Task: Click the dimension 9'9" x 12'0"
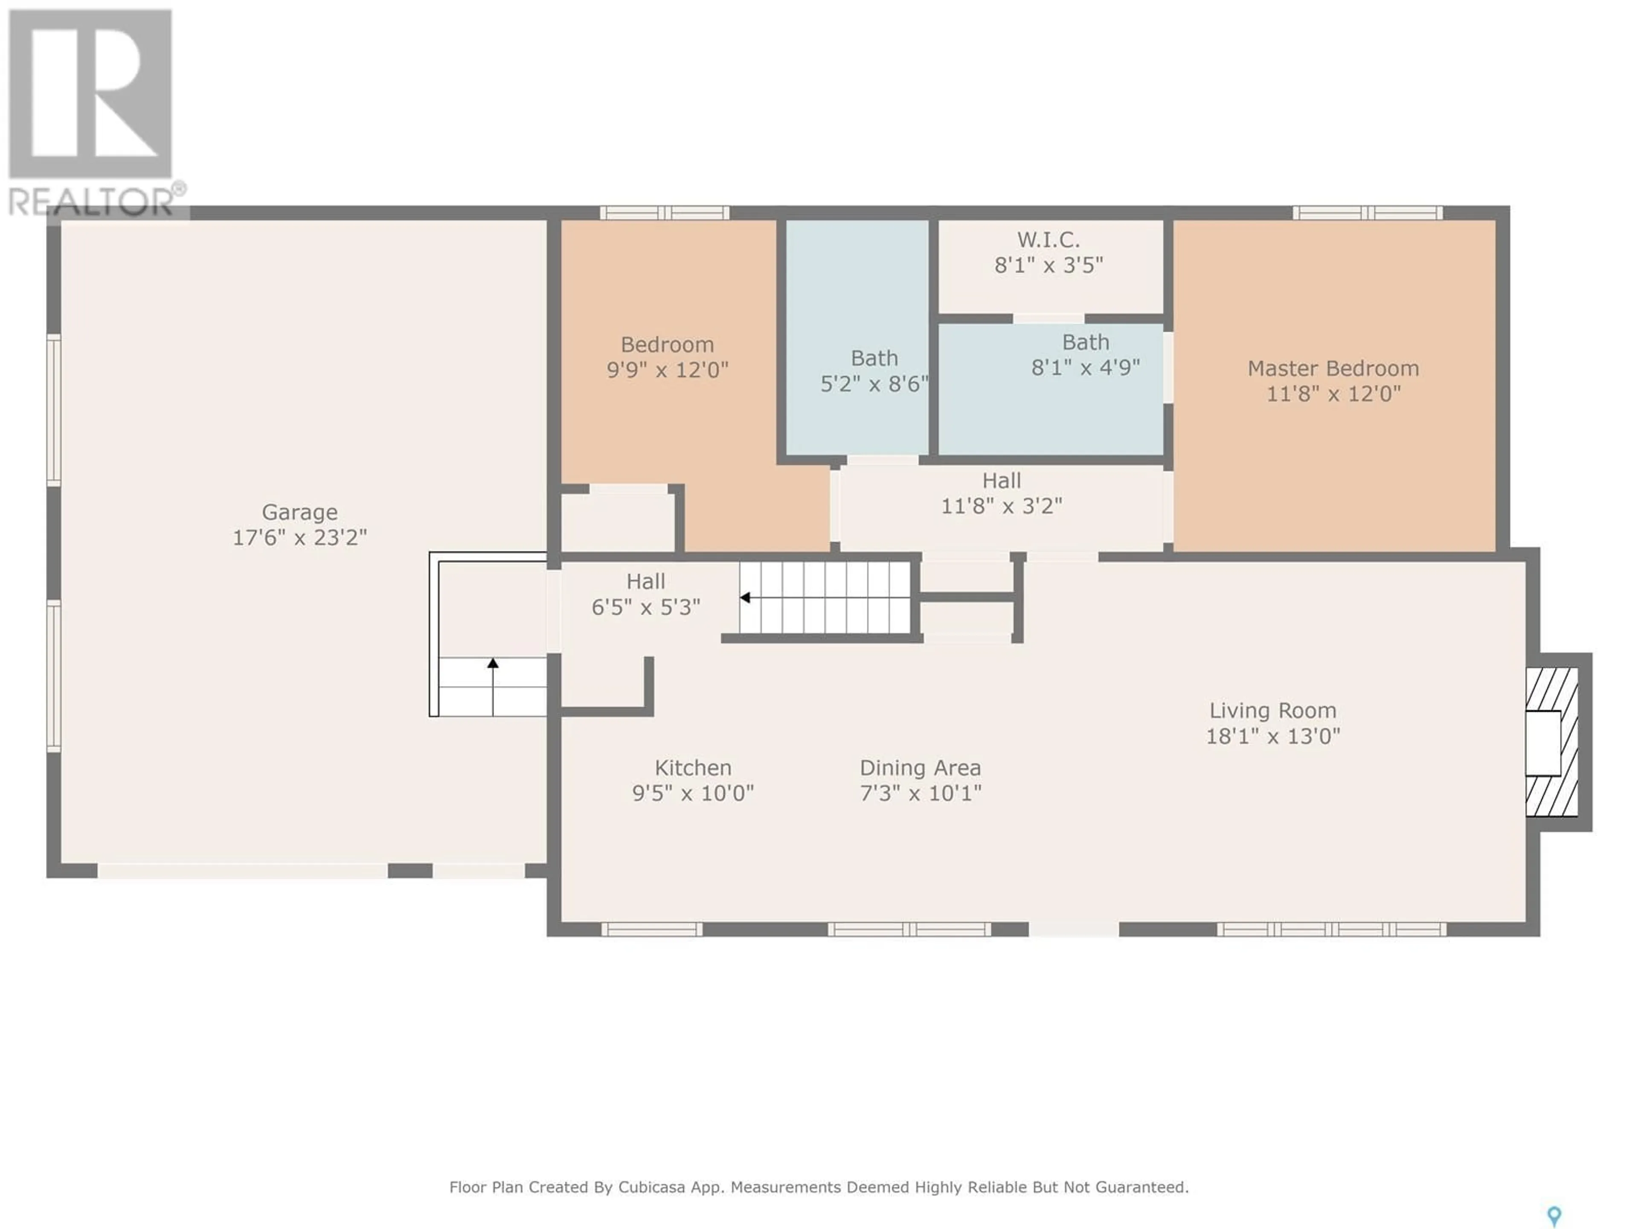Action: (x=667, y=370)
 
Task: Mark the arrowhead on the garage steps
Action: (x=492, y=663)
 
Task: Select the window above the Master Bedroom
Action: (x=1367, y=213)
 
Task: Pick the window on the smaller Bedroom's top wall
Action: (x=664, y=213)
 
